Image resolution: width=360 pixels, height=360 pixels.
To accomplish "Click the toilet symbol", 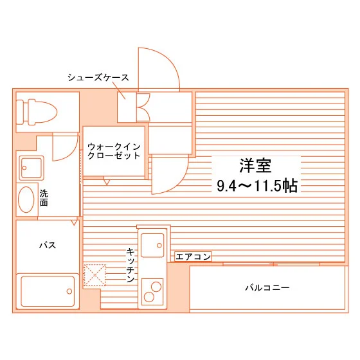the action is point(36,113).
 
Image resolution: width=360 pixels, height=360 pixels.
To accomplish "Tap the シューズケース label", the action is point(98,78).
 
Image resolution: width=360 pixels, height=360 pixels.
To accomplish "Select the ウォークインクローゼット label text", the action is point(114,151).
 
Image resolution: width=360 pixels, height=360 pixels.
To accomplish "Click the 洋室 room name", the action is point(255,166).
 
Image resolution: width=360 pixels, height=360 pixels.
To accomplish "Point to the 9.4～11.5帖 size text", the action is point(257,186).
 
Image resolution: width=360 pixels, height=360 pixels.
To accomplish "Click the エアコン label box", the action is point(193,256).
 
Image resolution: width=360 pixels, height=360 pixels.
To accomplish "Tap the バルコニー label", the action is point(267,287).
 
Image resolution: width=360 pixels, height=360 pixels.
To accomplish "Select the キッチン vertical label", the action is point(130,265).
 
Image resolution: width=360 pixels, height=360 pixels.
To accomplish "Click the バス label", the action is point(48,245).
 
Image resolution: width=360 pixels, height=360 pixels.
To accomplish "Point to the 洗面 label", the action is point(44,198).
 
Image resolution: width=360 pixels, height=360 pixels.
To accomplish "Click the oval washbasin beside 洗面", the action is point(26,199).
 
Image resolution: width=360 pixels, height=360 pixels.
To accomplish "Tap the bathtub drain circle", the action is point(69,291).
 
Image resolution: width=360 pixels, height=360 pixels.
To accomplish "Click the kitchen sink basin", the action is point(152,245).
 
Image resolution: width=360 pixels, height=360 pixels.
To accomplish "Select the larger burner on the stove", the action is point(156,287).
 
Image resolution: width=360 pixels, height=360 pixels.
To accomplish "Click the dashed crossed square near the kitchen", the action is point(94,275).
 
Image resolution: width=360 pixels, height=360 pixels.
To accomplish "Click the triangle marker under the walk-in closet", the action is point(107,182).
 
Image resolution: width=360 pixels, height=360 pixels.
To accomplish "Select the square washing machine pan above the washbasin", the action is point(32,168).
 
